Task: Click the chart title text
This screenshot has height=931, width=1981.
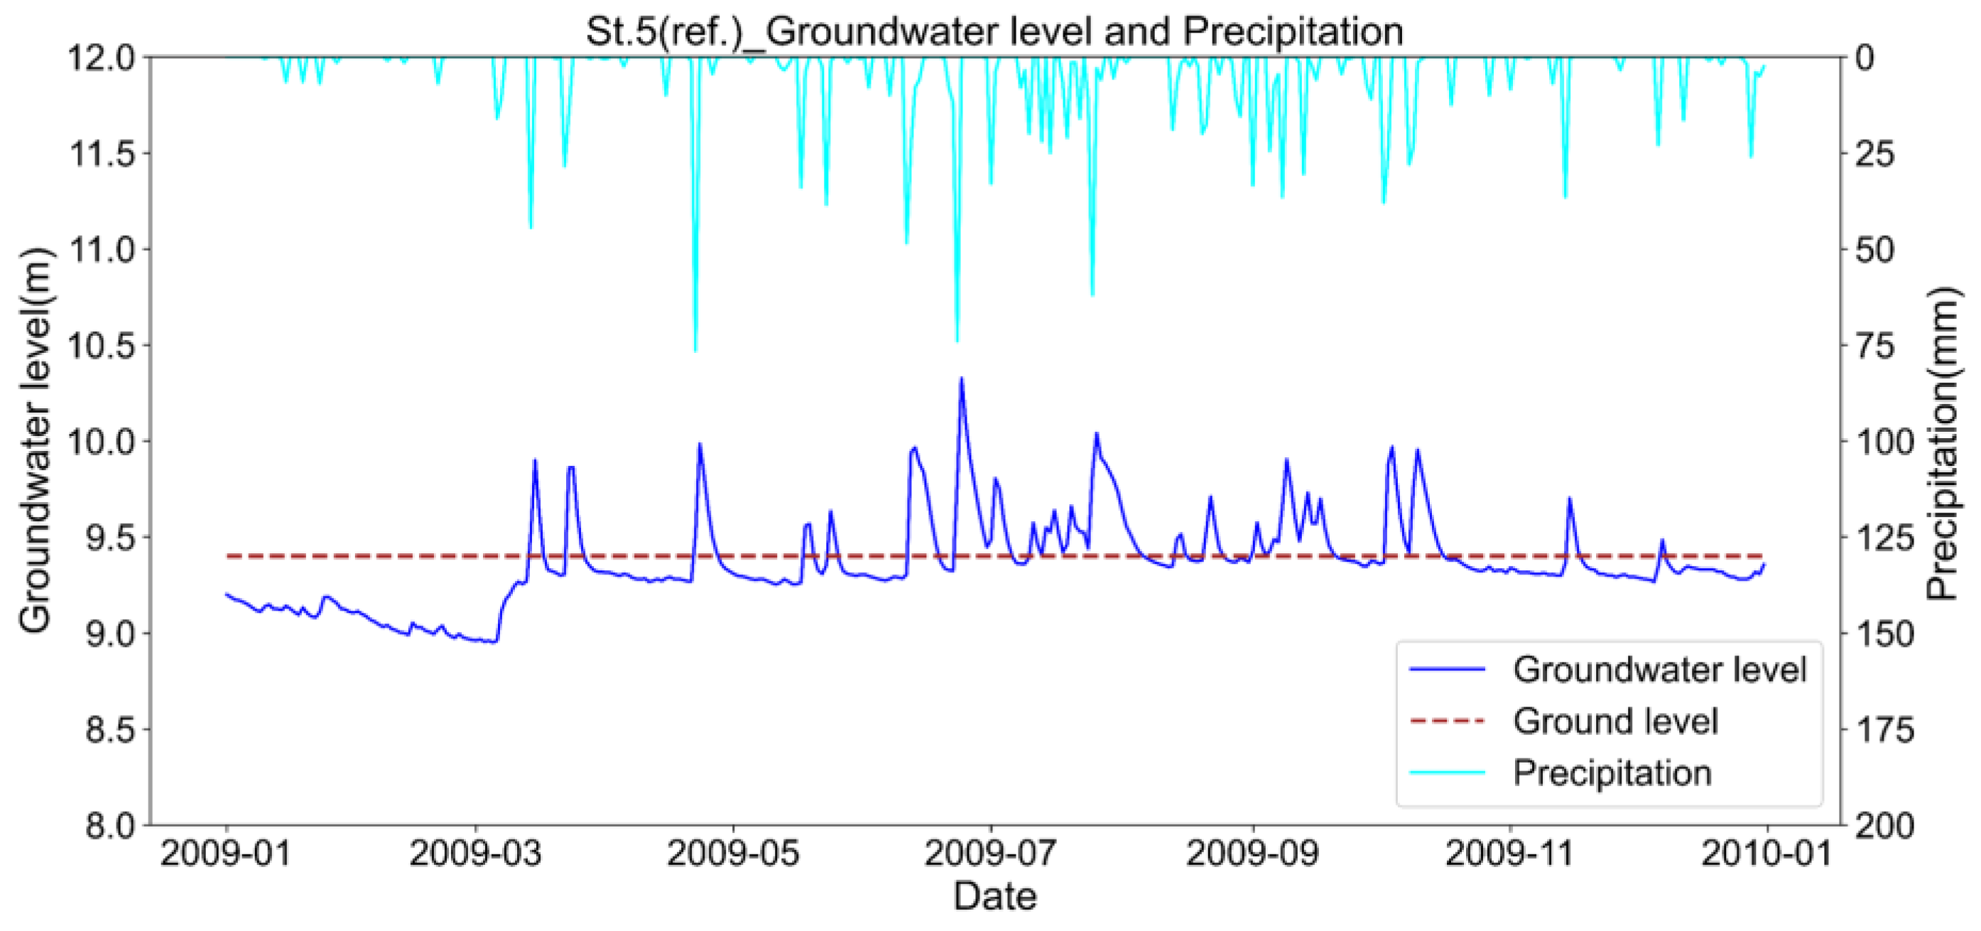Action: [994, 31]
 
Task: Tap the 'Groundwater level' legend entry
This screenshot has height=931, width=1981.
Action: [1659, 670]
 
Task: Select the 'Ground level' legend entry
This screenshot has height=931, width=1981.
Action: [1615, 721]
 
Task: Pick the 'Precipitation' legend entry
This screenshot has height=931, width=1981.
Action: [1612, 773]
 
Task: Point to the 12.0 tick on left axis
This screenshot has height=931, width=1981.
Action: [102, 58]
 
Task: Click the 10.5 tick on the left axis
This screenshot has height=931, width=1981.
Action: [102, 346]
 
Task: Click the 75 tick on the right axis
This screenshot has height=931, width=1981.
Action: [1873, 346]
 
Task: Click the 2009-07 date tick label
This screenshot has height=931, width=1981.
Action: [990, 854]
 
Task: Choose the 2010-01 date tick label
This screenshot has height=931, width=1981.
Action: [1766, 854]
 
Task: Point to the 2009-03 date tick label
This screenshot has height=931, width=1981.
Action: [475, 854]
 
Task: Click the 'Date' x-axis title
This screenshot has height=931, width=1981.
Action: [994, 896]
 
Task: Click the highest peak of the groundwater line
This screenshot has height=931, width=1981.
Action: [961, 379]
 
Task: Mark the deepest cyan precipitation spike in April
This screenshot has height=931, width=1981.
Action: [695, 350]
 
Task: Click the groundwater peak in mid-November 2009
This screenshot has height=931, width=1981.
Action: [1570, 499]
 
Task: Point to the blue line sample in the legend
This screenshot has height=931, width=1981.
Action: [1448, 670]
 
